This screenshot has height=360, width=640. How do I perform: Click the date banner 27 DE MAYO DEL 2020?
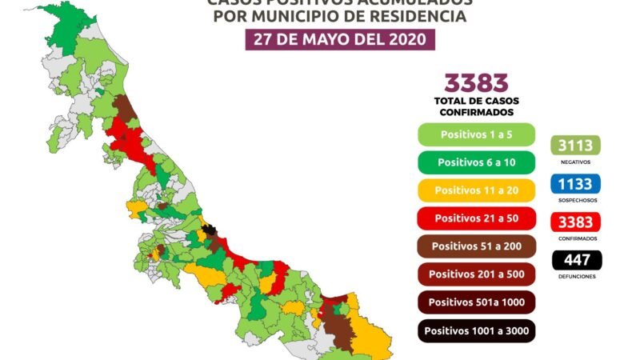pos(340,39)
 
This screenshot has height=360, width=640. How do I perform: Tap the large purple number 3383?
pos(476,83)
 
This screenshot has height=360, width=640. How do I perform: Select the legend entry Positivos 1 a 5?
pos(475,134)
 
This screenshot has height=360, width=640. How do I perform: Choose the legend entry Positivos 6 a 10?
pos(475,162)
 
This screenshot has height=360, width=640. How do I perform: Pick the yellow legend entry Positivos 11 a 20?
pos(475,190)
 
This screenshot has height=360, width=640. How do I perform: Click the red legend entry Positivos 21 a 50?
pos(475,218)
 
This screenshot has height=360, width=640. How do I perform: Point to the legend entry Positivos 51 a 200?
pos(475,246)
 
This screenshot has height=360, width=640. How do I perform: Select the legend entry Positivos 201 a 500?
pos(475,274)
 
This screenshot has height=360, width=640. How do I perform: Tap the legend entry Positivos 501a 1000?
pos(475,302)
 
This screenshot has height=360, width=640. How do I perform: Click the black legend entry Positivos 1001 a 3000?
pos(475,330)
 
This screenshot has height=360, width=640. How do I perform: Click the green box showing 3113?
pos(575,146)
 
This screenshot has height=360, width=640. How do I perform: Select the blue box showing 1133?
pos(575,184)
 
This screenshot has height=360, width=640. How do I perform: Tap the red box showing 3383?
pos(575,222)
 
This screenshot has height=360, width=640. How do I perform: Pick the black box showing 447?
pos(575,260)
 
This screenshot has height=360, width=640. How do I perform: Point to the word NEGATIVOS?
pos(575,162)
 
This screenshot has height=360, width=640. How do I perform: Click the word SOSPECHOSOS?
pos(575,200)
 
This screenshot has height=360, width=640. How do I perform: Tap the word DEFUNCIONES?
pos(575,276)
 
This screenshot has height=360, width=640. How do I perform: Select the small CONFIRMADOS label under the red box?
pos(575,238)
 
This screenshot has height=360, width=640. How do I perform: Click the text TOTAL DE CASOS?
pos(476,102)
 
